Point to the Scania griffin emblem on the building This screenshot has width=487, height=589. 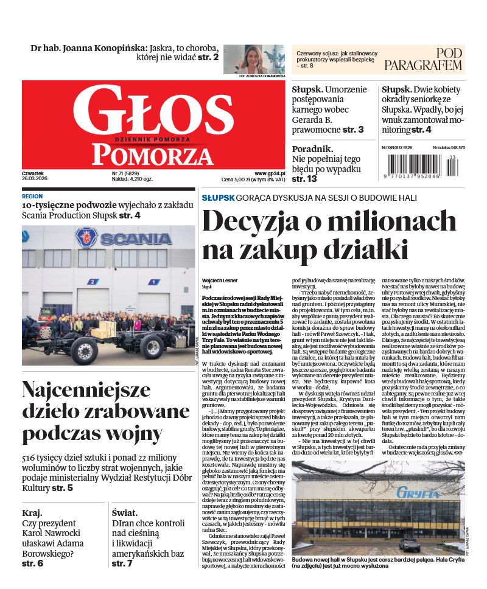point(86,237)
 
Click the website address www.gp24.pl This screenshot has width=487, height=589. point(268,173)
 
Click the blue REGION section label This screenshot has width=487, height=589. point(32,197)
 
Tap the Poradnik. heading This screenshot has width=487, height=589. point(312,148)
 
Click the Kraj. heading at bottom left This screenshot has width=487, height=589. point(32,512)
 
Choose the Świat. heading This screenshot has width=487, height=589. point(126,512)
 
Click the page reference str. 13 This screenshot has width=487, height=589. point(304,179)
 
